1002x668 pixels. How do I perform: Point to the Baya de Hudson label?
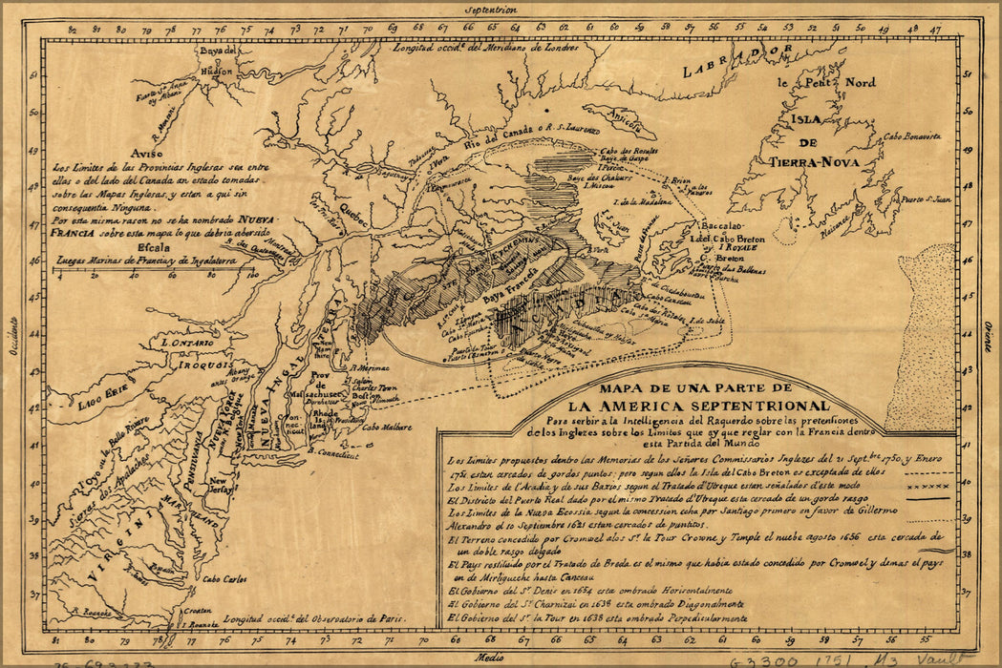coord(217,63)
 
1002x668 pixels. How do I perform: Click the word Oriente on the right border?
coord(988,336)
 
